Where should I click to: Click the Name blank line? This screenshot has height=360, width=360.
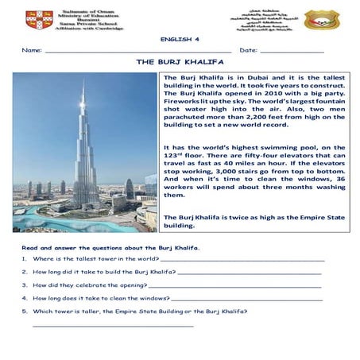[x=135, y=52]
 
